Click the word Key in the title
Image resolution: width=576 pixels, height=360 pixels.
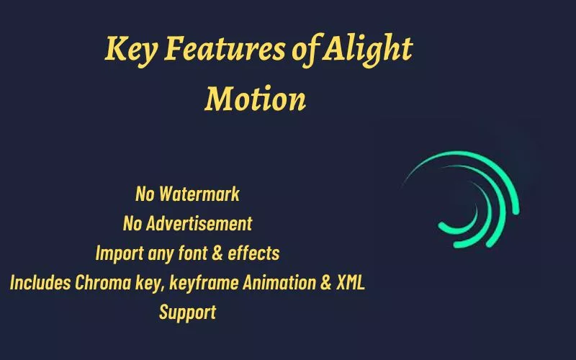[131, 50]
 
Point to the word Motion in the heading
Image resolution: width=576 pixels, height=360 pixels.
[256, 99]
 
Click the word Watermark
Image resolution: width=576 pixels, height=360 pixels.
[199, 194]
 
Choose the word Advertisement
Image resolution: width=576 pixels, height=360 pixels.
[199, 223]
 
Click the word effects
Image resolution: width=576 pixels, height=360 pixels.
[253, 253]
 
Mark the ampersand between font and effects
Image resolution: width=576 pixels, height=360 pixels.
[217, 253]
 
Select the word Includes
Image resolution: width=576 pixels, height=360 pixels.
[40, 282]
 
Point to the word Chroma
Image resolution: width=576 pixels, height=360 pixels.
[103, 282]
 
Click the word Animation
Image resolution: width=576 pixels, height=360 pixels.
[279, 282]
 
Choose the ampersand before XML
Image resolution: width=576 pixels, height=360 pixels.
[326, 283]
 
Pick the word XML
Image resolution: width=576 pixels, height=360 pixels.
[351, 282]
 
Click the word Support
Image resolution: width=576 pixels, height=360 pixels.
[187, 313]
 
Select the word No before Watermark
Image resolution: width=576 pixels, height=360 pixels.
[145, 194]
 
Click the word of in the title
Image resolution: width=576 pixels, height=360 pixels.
[304, 50]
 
